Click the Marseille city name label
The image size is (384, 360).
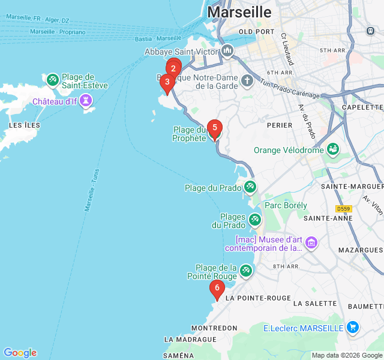pyautogui.click(x=239, y=12)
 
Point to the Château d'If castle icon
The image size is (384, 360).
pyautogui.click(x=88, y=101)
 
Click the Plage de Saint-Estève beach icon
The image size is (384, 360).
pyautogui.click(x=52, y=79)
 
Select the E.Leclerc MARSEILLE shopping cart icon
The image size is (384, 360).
pyautogui.click(x=353, y=328)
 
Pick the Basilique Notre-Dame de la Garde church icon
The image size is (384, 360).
pyautogui.click(x=247, y=80)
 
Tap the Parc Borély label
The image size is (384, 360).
pyautogui.click(x=286, y=205)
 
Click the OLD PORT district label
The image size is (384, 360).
pyautogui.click(x=257, y=31)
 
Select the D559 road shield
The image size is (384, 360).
pyautogui.click(x=343, y=209)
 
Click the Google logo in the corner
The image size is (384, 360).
pyautogui.click(x=20, y=353)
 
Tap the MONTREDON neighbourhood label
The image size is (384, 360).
pyautogui.click(x=214, y=328)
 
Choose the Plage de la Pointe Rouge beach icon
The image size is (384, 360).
pyautogui.click(x=245, y=271)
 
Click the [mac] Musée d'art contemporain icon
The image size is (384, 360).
pyautogui.click(x=311, y=242)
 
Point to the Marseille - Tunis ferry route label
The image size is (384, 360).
pyautogui.click(x=92, y=190)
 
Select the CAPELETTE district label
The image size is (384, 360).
pyautogui.click(x=362, y=107)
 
